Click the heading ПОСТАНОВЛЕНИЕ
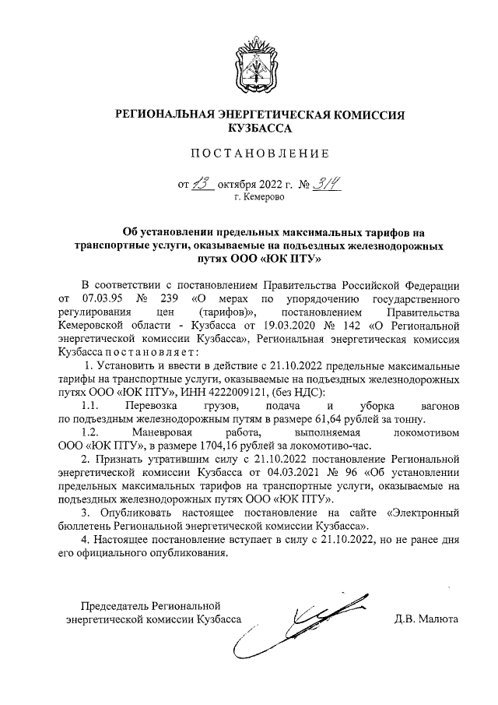click(x=249, y=152)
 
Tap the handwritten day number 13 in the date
click(x=202, y=184)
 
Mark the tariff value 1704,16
click(x=201, y=447)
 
